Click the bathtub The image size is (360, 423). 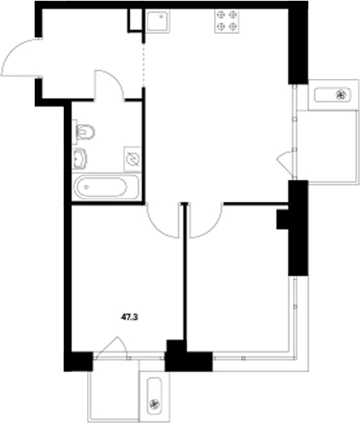pos(105,189)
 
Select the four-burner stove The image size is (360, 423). pos(227,21)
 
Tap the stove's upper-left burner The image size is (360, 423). pos(220,15)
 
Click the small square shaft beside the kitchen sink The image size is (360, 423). pos(135,21)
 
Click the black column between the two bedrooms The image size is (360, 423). pos(174,353)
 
